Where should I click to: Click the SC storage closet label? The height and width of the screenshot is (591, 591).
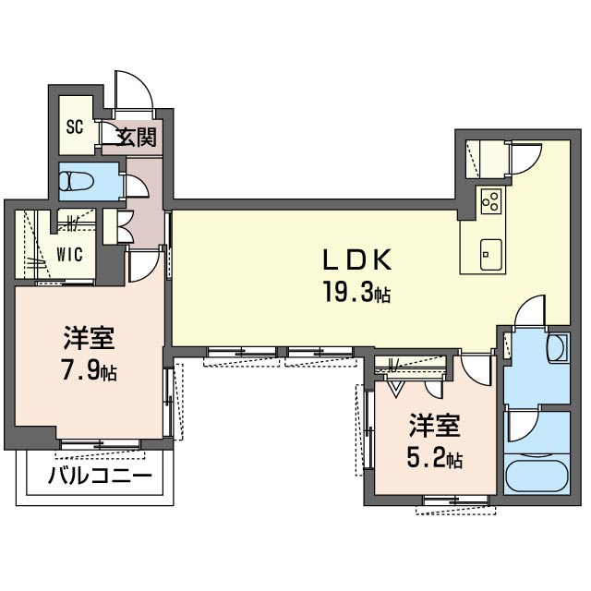[x=75, y=127]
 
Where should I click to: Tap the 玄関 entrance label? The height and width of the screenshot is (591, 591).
[x=136, y=138]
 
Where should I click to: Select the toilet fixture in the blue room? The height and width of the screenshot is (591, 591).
[x=77, y=182]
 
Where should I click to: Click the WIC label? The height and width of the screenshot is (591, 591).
[x=70, y=255]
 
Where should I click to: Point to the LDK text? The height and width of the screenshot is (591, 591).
[x=357, y=259]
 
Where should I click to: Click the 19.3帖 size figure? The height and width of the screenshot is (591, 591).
[x=356, y=292]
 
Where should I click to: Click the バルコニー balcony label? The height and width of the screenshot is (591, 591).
[x=100, y=476]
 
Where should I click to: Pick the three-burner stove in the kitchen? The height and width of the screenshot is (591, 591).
[x=491, y=200]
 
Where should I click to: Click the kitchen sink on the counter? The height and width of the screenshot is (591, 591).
[x=491, y=255]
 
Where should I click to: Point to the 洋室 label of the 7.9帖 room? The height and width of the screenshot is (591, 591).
[x=89, y=337]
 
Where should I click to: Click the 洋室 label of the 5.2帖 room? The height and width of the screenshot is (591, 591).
[x=435, y=425]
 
